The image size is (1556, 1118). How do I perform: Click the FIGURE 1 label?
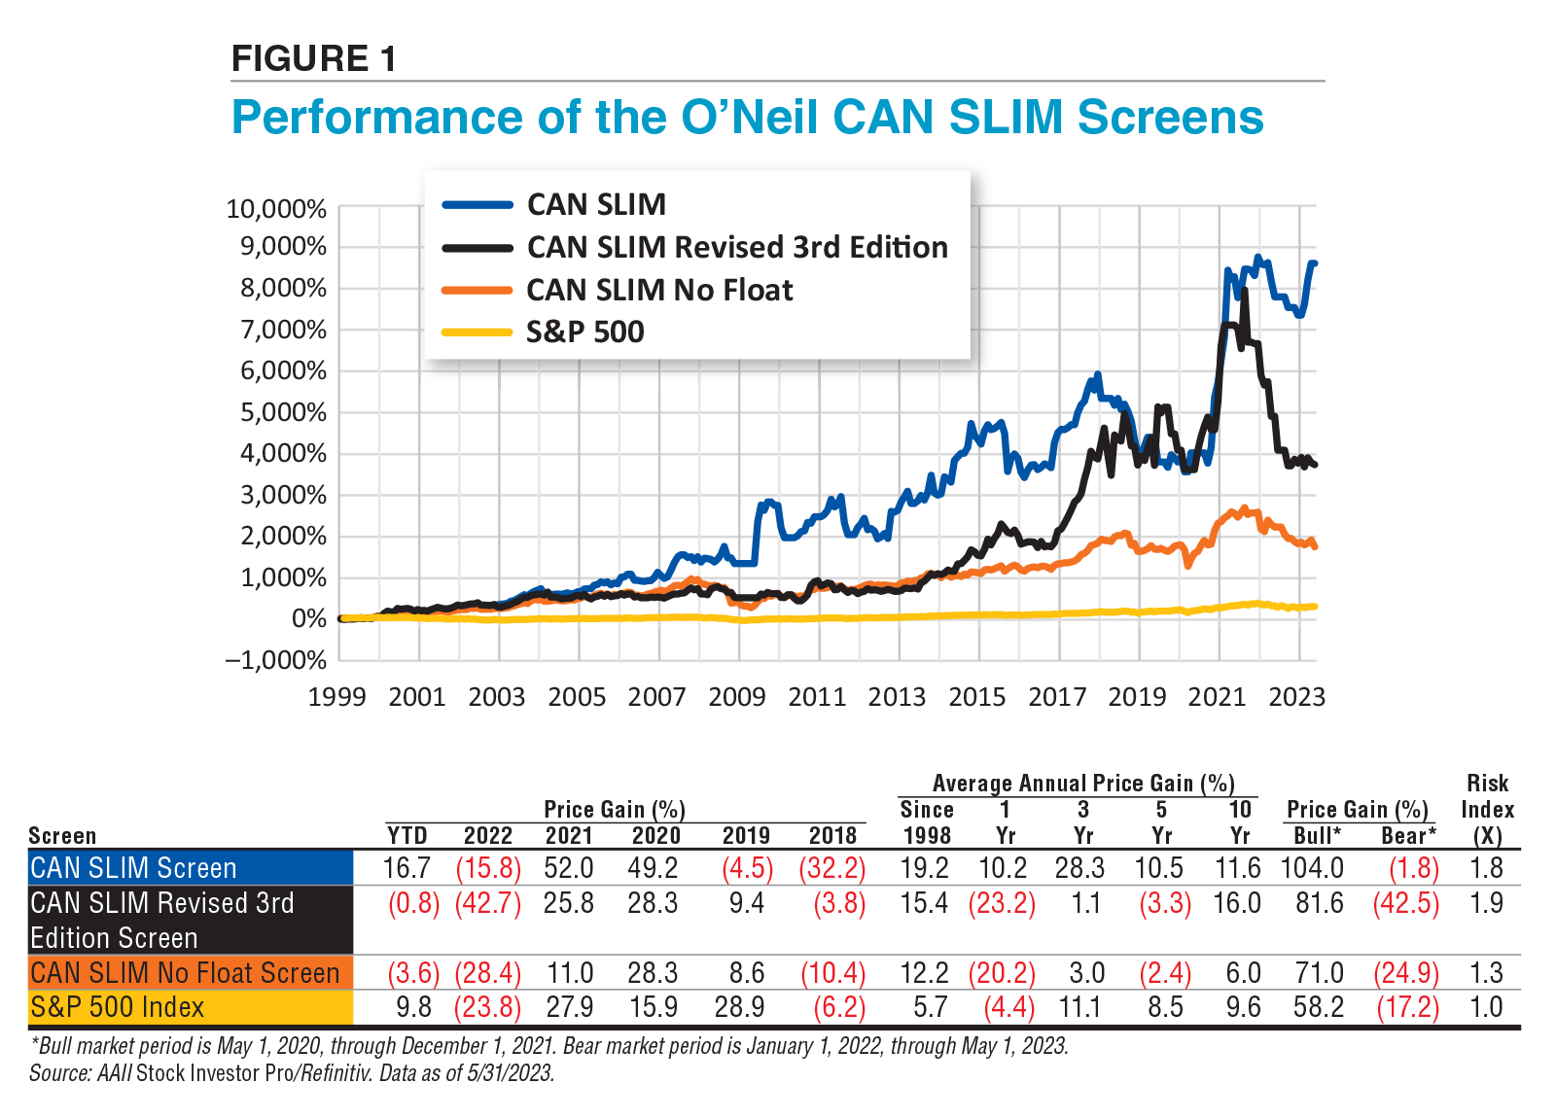[313, 59]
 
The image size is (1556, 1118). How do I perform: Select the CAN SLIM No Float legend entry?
[659, 290]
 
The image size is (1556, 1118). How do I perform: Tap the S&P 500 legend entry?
[584, 332]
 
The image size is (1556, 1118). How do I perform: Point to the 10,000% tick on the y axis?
[276, 209]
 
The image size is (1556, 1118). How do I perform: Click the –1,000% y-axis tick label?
[276, 660]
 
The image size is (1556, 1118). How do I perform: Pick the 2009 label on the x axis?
[736, 697]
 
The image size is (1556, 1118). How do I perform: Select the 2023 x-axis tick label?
[1297, 697]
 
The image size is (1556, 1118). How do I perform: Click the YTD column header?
[407, 836]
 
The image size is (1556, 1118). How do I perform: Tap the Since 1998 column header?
[926, 822]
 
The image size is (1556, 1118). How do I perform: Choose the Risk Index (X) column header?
[1487, 809]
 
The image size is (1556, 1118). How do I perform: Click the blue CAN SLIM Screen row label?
[133, 868]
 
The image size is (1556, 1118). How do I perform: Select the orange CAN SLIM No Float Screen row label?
[185, 973]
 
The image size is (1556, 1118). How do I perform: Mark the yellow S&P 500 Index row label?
[117, 1007]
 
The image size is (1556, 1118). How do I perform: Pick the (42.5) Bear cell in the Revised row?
[1405, 903]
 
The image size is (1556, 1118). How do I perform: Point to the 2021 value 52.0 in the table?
[569, 868]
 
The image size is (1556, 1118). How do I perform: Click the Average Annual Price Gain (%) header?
[1082, 784]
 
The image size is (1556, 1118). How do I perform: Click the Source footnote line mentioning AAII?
[292, 1073]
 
